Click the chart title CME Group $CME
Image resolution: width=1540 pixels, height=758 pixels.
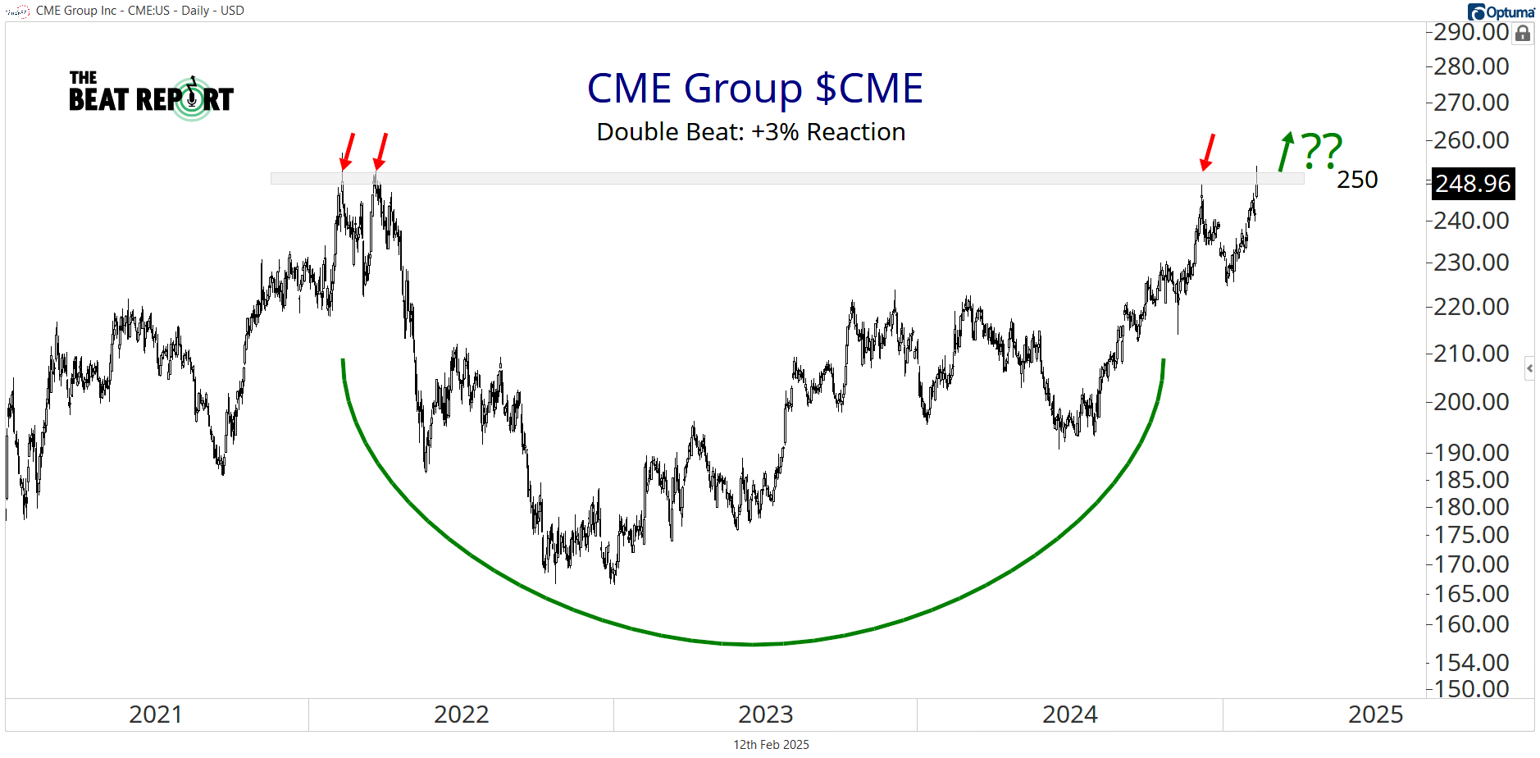[x=754, y=89]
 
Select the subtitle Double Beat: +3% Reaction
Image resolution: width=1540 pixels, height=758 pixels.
[x=750, y=132]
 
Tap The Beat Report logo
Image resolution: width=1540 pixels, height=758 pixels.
[x=151, y=97]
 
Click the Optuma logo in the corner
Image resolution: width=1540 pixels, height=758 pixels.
[x=1501, y=11]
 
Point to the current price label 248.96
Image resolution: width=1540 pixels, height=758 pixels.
[x=1472, y=184]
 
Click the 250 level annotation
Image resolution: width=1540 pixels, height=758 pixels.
[x=1357, y=180]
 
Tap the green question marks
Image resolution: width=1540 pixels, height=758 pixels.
[x=1322, y=150]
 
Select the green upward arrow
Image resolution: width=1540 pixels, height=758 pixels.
[x=1285, y=152]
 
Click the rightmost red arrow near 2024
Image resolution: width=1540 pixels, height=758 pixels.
[x=1207, y=153]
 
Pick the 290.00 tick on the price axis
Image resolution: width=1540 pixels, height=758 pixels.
[x=1471, y=32]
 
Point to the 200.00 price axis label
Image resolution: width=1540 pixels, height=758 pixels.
[x=1471, y=402]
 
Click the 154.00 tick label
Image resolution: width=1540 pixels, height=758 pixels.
[x=1471, y=662]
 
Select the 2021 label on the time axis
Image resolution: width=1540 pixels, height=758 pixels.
[x=156, y=715]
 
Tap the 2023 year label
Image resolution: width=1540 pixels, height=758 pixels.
[x=765, y=715]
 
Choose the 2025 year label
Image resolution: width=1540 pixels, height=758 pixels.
[x=1375, y=715]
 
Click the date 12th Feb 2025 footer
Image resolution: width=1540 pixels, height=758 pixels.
[x=771, y=745]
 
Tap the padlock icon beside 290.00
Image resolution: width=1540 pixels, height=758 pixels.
[x=1523, y=33]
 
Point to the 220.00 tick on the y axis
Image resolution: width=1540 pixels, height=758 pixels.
[x=1471, y=307]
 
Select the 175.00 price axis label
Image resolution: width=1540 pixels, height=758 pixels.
[x=1471, y=535]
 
